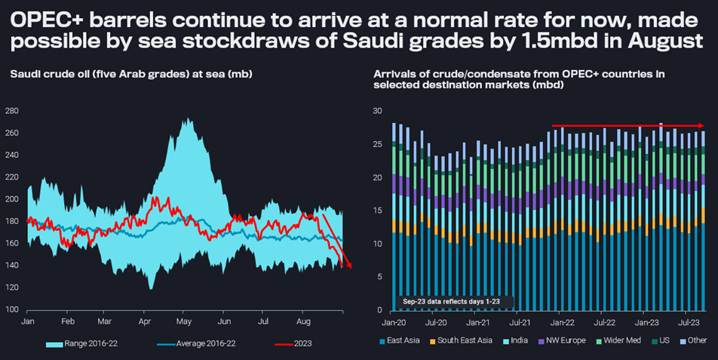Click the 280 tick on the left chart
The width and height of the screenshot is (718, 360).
tap(11, 111)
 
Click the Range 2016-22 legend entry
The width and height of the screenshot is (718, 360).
tap(84, 343)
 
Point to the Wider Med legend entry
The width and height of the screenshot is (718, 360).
tap(622, 341)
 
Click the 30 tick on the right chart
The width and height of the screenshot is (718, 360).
tap(379, 111)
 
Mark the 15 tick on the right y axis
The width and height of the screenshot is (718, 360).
tap(379, 211)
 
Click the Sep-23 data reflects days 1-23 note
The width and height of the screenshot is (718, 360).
tap(456, 302)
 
